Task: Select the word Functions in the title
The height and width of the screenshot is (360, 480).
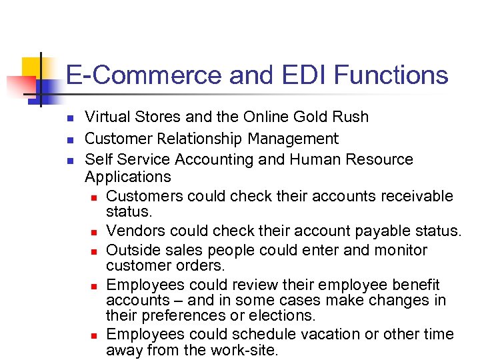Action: tap(391, 75)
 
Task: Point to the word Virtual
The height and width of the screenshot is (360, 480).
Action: tap(107, 117)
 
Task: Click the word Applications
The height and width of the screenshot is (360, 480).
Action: tap(128, 177)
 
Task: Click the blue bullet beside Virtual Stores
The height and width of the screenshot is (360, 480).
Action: tap(69, 118)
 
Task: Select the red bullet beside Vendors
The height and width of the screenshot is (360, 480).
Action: tap(94, 232)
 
